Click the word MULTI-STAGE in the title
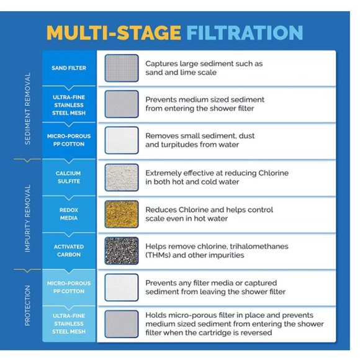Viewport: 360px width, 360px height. [114, 32]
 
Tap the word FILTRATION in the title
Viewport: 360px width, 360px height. [245, 32]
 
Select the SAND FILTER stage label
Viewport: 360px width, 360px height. [69, 68]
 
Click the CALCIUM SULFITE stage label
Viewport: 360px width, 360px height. [69, 178]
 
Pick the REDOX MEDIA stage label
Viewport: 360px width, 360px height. [69, 214]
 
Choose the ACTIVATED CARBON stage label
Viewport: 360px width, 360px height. [69, 251]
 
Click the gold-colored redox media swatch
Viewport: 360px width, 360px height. [122, 214]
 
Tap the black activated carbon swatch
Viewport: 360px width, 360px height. [122, 251]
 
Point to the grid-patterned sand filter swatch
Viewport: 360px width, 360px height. [122, 68]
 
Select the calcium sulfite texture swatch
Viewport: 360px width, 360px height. [122, 178]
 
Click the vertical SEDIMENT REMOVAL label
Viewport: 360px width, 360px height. [27, 109]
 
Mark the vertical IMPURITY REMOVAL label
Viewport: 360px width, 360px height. [27, 218]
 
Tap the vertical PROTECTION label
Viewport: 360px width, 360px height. [27, 305]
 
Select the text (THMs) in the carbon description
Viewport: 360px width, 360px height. [158, 255]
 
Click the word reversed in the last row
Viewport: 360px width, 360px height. [258, 333]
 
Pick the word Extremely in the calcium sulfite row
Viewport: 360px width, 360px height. [163, 173]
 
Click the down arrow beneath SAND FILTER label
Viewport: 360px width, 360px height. [69, 88]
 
